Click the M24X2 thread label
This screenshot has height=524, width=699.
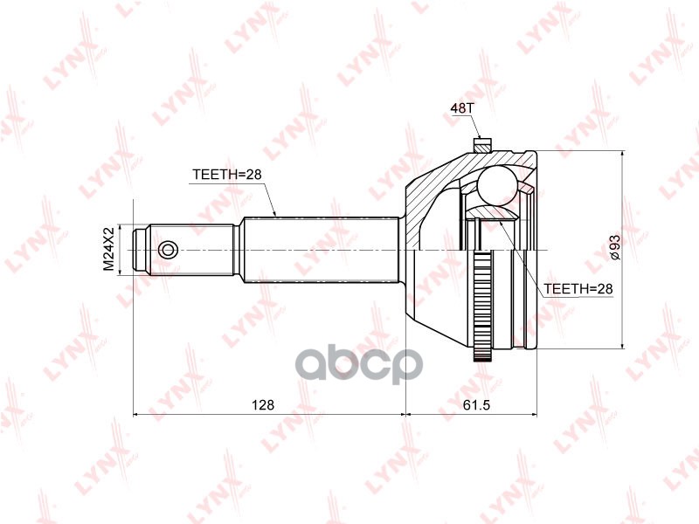(x=109, y=249)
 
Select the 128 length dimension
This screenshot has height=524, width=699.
(x=263, y=404)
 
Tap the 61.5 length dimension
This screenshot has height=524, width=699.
(x=474, y=404)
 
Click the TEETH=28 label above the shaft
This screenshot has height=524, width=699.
(x=227, y=174)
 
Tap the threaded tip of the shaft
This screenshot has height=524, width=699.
(x=141, y=250)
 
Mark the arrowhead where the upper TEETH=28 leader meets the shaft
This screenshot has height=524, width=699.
(x=275, y=214)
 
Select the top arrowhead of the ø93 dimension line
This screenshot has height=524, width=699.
(x=622, y=155)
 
